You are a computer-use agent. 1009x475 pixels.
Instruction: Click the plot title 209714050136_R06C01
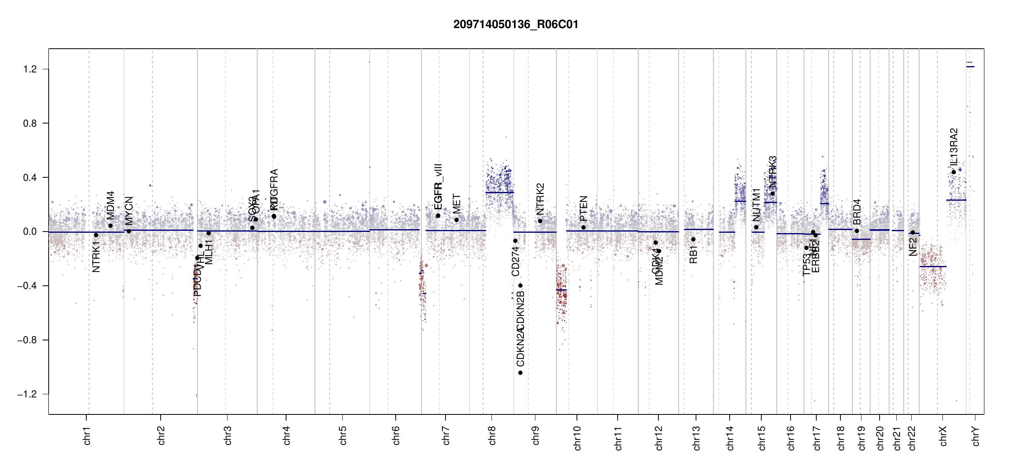click(x=516, y=25)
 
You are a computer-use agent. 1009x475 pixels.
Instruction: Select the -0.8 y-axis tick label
click(x=27, y=340)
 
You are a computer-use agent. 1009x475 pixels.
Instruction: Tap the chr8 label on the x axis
click(x=492, y=435)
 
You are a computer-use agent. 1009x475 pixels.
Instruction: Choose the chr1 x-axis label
click(x=87, y=435)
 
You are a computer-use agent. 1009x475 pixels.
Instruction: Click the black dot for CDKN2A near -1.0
click(x=520, y=373)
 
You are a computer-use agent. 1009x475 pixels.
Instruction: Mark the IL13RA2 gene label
click(x=954, y=146)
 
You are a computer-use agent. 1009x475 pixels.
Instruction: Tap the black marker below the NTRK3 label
click(x=772, y=194)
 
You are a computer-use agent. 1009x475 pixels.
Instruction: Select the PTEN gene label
click(x=583, y=208)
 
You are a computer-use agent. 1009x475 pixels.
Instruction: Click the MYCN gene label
click(x=129, y=211)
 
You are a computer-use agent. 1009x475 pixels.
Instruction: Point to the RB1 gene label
click(x=693, y=255)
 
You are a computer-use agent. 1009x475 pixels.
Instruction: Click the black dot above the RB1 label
click(x=693, y=239)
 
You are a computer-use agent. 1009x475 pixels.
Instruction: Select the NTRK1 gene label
click(x=96, y=257)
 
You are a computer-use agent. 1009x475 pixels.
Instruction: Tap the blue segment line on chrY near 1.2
click(x=970, y=67)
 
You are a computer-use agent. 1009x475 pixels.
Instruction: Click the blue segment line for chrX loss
click(x=933, y=267)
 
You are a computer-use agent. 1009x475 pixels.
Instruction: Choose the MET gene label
click(x=457, y=203)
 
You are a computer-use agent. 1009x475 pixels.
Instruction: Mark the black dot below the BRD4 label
click(x=857, y=231)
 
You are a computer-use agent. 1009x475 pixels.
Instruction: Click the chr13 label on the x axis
click(x=696, y=438)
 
